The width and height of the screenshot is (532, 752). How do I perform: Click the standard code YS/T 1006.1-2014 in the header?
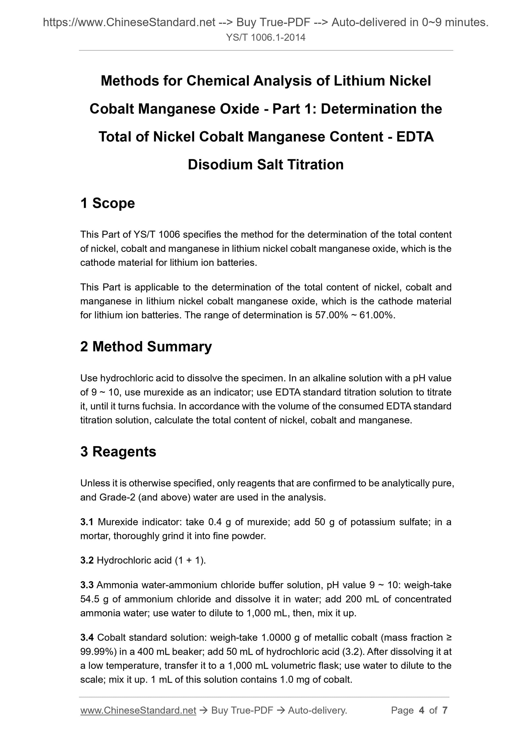click(265, 38)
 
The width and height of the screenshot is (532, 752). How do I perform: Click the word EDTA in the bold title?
click(415, 137)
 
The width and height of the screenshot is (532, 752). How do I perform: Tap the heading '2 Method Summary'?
click(146, 347)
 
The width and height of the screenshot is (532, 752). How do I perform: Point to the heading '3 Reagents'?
click(118, 451)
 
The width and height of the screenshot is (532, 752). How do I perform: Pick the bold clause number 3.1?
click(87, 522)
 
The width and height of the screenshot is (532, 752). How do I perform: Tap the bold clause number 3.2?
click(87, 561)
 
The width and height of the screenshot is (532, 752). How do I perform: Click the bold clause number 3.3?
click(87, 585)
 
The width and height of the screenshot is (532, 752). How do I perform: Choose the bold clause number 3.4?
click(87, 637)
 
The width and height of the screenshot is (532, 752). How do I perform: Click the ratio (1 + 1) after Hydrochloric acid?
click(190, 561)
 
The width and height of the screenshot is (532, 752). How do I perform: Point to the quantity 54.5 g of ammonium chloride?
click(94, 599)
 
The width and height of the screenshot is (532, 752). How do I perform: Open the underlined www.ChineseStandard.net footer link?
click(138, 710)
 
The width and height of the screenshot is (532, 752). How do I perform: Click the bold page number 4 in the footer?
click(422, 710)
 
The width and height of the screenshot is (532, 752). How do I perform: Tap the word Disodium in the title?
click(220, 164)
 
